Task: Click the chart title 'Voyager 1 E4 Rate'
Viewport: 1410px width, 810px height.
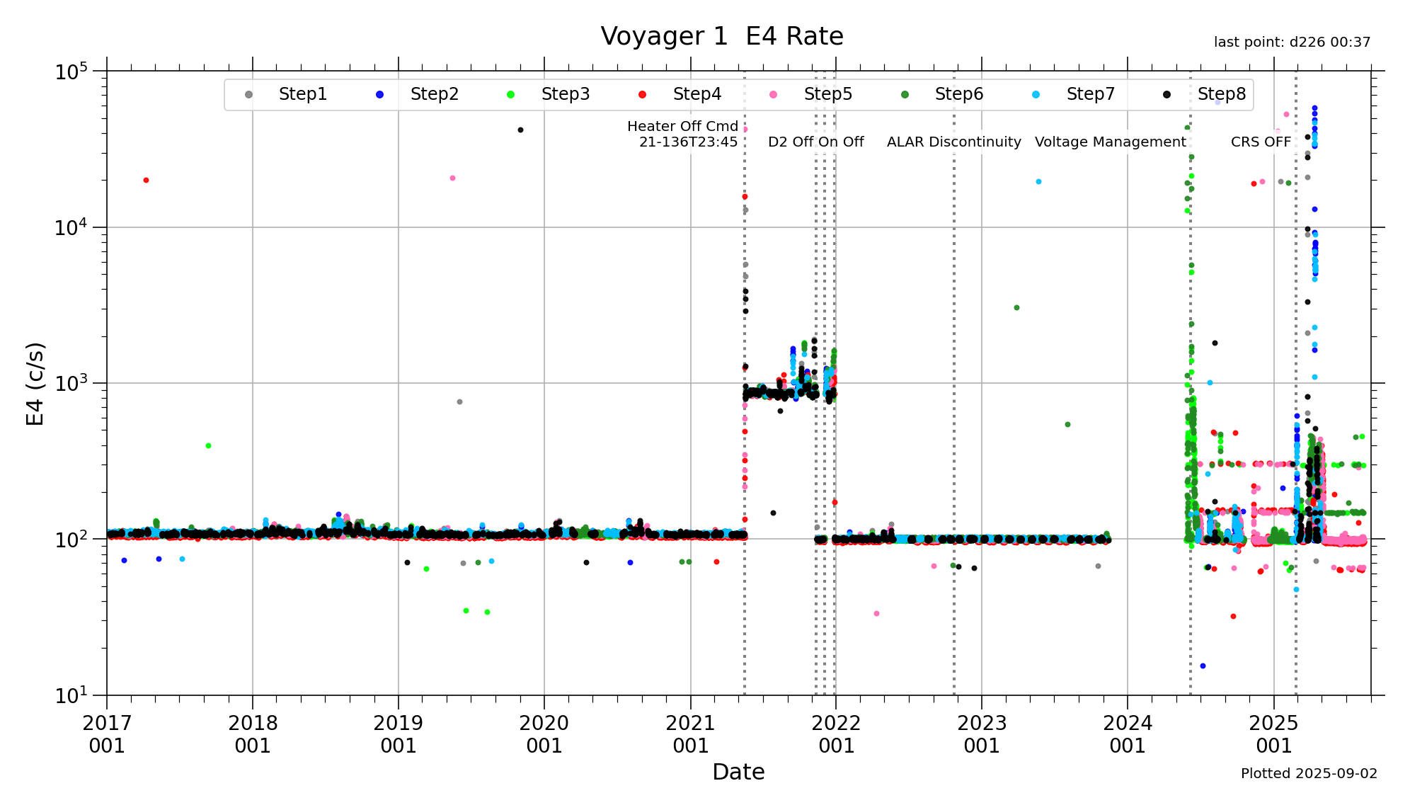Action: (721, 36)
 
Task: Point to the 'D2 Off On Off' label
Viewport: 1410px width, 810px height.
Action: (815, 142)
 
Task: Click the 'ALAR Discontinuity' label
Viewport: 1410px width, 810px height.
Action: (953, 142)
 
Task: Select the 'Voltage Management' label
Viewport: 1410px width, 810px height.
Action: (1110, 142)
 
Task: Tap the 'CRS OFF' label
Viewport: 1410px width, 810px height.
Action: (1261, 142)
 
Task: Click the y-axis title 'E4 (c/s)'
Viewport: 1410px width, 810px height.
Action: (35, 384)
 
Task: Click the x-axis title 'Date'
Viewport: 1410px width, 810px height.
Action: (738, 772)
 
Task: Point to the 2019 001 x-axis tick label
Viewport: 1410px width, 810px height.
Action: (399, 734)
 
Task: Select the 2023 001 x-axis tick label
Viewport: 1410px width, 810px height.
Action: (982, 734)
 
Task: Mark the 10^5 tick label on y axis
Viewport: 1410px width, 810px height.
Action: (71, 72)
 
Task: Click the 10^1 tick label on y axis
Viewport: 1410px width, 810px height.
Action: (71, 695)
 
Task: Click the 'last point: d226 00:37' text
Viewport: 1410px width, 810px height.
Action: (1292, 42)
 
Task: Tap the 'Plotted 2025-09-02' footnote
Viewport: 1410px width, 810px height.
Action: (1309, 773)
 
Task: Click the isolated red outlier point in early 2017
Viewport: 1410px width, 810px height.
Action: (146, 181)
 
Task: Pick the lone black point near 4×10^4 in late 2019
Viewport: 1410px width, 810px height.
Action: (520, 130)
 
